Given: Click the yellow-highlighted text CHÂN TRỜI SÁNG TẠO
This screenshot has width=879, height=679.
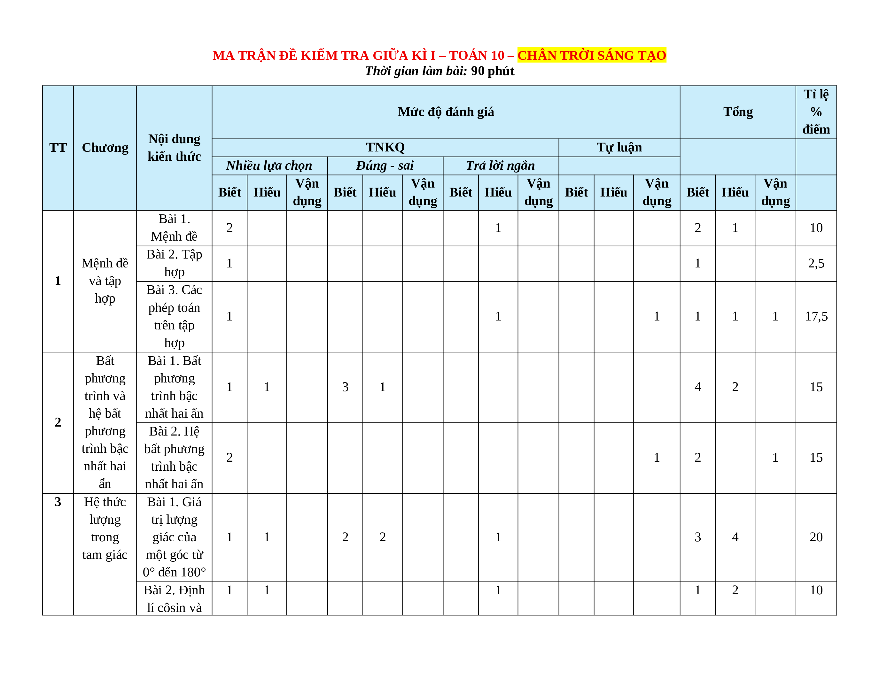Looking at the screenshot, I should pyautogui.click(x=591, y=55).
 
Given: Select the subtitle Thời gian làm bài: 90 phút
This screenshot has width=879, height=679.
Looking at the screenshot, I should pyautogui.click(x=439, y=71).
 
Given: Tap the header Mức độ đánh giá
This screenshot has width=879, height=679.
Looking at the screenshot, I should pyautogui.click(x=446, y=112).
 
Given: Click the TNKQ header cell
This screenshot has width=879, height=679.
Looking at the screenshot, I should pyautogui.click(x=385, y=147).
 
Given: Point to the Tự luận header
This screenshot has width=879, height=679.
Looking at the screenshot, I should pyautogui.click(x=619, y=147).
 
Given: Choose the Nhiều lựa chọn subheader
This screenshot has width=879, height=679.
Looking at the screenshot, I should pyautogui.click(x=269, y=165).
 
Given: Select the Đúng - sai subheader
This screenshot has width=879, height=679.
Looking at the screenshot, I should pyautogui.click(x=385, y=165).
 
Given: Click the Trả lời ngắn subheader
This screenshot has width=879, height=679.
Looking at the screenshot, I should pyautogui.click(x=500, y=165).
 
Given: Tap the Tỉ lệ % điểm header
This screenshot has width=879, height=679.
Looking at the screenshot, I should pyautogui.click(x=816, y=112).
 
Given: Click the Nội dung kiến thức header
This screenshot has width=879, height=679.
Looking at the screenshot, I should pyautogui.click(x=174, y=148).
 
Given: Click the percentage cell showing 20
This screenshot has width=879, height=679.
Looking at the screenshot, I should pyautogui.click(x=816, y=537).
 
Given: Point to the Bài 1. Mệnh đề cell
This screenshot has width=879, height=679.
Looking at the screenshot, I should pyautogui.click(x=174, y=228).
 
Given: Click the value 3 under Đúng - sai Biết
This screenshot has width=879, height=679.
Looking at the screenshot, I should pyautogui.click(x=345, y=387).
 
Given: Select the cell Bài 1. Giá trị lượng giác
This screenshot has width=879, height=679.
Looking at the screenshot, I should pyautogui.click(x=174, y=537).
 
